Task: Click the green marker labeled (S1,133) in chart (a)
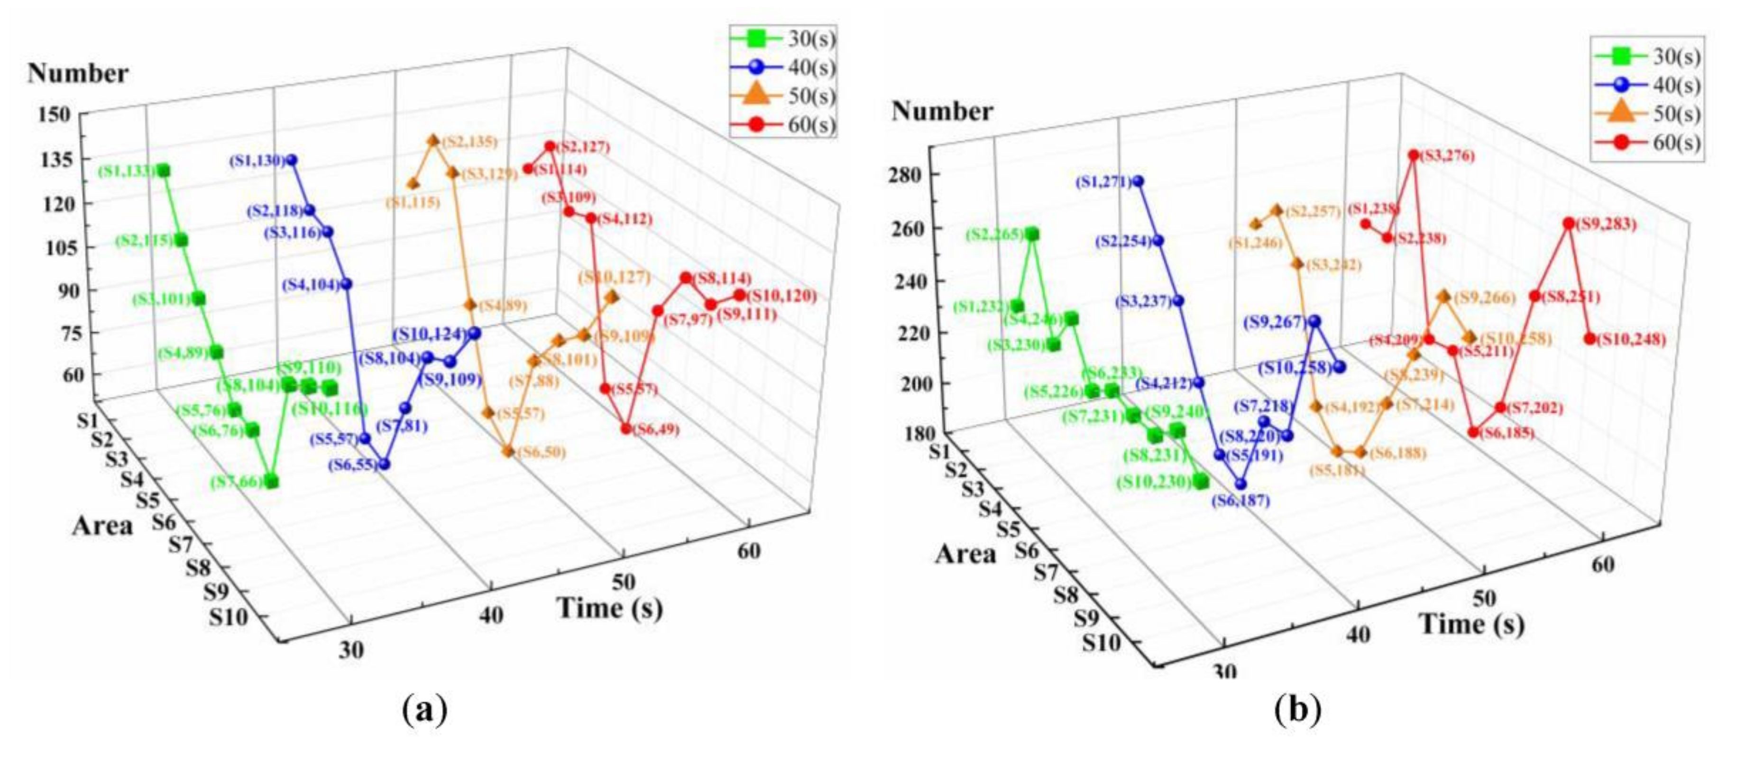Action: (x=163, y=171)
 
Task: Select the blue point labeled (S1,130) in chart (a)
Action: (x=292, y=160)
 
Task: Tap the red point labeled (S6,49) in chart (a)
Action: (x=626, y=429)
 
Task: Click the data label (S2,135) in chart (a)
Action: (x=469, y=142)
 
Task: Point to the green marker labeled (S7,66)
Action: (x=272, y=482)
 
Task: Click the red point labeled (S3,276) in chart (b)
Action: (x=1413, y=155)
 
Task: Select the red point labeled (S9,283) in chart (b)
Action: (x=1569, y=223)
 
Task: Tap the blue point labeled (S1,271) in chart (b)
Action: (x=1139, y=182)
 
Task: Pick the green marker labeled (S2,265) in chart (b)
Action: (x=1032, y=234)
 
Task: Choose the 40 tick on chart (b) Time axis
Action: (x=1358, y=635)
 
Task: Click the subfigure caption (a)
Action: (x=425, y=711)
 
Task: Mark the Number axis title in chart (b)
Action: (x=942, y=111)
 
